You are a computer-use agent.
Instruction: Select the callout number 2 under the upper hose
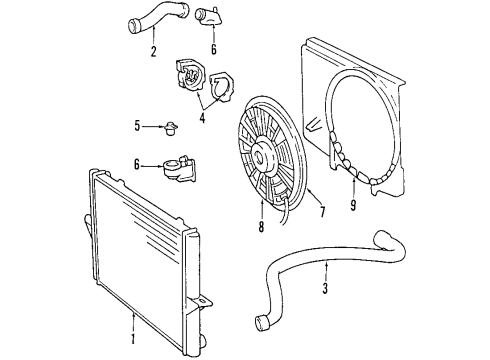(x=153, y=51)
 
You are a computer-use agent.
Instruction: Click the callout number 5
(x=140, y=127)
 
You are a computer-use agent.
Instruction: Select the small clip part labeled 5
(x=171, y=128)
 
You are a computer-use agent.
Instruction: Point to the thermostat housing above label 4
(x=191, y=75)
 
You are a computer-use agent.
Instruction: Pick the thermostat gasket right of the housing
(x=221, y=87)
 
